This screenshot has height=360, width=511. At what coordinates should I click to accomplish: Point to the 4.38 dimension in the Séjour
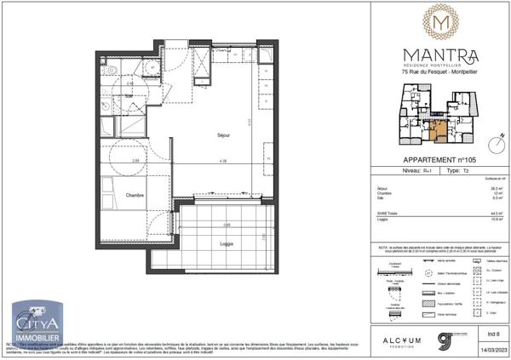(222, 161)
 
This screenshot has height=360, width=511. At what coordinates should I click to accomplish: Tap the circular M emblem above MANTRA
(440, 21)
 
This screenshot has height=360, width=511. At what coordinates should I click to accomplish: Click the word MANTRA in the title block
(440, 55)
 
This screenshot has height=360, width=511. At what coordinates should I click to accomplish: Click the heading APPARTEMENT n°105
(440, 161)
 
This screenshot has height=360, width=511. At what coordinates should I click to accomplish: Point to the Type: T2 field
(459, 171)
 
